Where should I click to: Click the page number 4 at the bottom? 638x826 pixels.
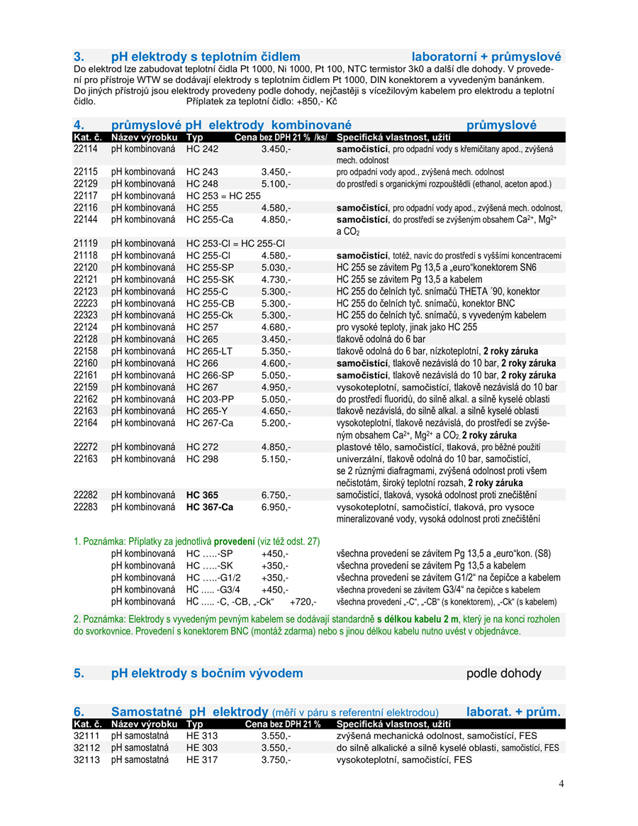561,783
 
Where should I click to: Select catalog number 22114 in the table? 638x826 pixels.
87,150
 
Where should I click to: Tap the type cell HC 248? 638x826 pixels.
203,184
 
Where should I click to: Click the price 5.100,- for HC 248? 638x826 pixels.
276,184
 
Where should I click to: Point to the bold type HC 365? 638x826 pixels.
203,495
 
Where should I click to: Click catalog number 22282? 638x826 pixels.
87,495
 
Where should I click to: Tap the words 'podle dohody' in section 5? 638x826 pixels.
503,673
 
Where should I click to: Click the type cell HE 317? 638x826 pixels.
202,760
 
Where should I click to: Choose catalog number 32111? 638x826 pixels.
87,736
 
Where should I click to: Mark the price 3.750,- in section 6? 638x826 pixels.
276,760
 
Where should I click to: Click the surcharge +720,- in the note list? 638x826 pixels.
303,602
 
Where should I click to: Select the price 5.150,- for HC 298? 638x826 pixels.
276,459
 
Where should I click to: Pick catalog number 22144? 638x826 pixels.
87,220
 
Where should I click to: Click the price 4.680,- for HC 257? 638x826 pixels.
276,327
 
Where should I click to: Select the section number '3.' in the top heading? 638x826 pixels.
79,57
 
